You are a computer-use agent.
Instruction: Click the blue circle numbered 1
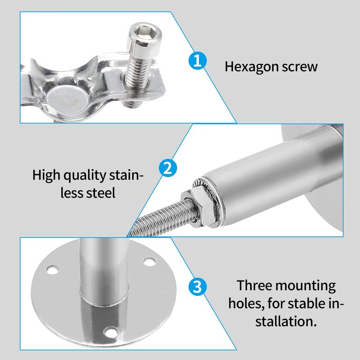[x=198, y=61]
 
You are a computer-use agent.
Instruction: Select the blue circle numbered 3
[x=197, y=287]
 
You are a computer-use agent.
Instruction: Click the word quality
[x=85, y=175]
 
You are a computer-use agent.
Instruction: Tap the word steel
[x=101, y=193]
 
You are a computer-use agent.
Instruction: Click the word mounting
[x=306, y=287]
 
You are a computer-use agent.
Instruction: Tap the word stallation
[x=286, y=321]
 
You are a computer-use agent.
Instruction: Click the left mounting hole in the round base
[x=52, y=270]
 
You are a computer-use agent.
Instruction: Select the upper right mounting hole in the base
[x=149, y=261]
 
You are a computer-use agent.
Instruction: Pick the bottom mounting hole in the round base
[x=111, y=332]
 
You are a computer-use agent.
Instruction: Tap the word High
[x=46, y=175]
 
